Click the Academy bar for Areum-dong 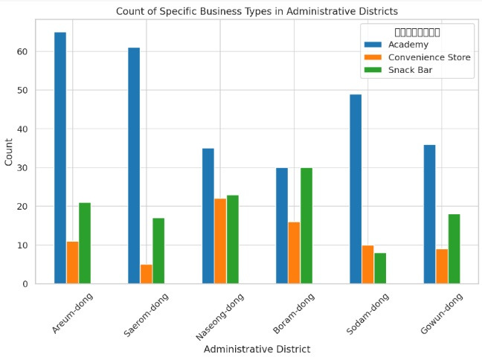(60, 158)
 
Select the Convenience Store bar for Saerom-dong (147, 274)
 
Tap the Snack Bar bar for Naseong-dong (232, 239)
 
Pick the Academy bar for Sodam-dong (356, 189)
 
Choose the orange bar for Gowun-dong (442, 266)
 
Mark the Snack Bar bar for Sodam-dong (380, 268)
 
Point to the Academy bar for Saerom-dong (134, 165)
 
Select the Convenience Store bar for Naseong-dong (220, 241)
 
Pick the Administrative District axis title (257, 349)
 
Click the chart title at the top (257, 11)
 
